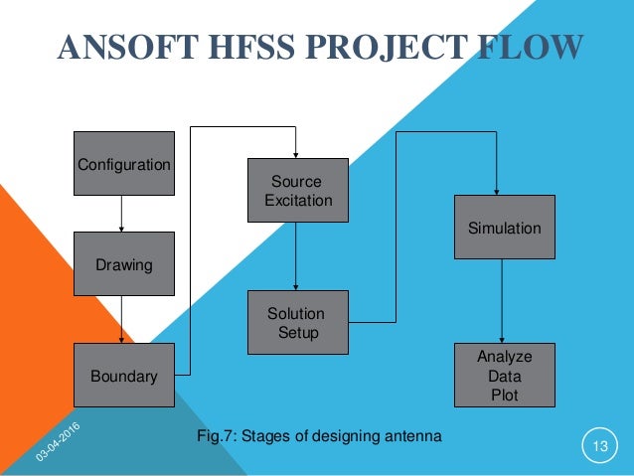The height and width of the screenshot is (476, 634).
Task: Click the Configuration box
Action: click(124, 164)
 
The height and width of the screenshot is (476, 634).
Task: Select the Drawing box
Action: click(124, 265)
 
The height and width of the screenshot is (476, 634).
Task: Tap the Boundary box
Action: click(124, 376)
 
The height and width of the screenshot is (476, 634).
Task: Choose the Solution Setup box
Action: click(297, 323)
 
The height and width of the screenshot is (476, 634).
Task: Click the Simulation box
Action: click(504, 229)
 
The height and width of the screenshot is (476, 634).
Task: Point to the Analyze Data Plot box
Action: click(504, 376)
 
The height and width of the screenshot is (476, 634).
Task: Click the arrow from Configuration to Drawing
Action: click(121, 214)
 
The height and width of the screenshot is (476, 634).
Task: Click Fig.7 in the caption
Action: click(218, 436)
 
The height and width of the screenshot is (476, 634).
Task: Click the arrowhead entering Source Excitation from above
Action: click(296, 152)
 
